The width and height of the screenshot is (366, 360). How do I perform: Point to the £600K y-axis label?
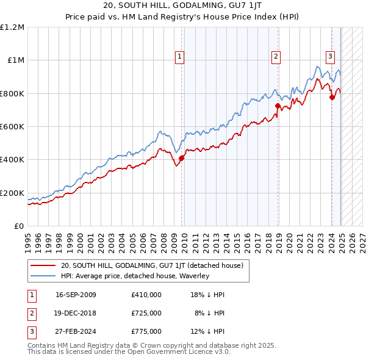(12, 126)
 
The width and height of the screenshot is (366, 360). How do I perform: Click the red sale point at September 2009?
(181, 158)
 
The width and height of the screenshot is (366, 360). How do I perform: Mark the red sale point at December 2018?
(278, 106)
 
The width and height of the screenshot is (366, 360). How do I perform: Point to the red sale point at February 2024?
(332, 97)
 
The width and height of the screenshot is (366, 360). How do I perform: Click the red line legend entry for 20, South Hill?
(152, 265)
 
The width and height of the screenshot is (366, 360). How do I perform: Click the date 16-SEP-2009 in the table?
(76, 295)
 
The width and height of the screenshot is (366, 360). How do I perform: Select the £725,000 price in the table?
(146, 313)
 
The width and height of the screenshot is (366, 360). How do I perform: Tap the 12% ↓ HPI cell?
(208, 331)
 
